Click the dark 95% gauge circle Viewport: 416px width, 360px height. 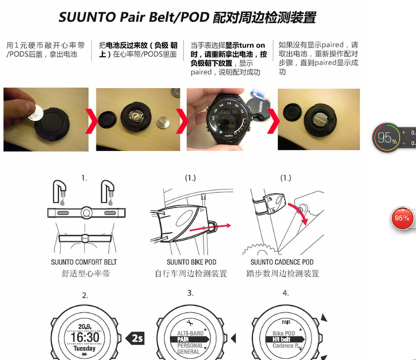pos(387,137)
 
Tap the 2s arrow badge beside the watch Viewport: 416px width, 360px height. pos(136,338)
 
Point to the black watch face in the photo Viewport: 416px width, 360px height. pos(225,119)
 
